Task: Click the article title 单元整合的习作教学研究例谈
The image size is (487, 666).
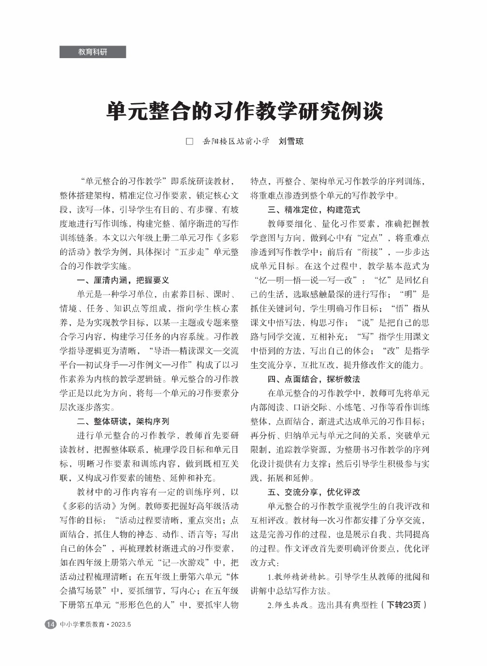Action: point(244,111)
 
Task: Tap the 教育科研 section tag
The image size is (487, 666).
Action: point(92,52)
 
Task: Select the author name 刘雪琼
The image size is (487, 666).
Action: point(291,141)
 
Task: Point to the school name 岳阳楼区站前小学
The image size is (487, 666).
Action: point(235,141)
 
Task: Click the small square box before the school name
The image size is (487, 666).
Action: point(190,141)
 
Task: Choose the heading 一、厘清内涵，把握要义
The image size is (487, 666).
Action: point(123,280)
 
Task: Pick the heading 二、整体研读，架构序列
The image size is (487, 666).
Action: point(123,421)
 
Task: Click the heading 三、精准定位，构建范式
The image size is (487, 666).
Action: point(314,210)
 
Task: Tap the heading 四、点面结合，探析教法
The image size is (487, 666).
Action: point(314,379)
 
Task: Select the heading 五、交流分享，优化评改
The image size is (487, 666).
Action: point(314,492)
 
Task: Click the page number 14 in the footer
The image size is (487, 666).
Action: point(50,624)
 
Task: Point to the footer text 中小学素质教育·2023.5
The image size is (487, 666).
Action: point(95,624)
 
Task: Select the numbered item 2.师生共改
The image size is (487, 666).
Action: point(289,605)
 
